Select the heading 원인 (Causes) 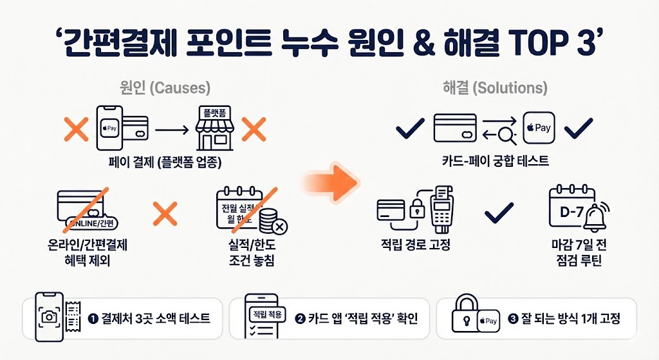pyautogui.click(x=165, y=88)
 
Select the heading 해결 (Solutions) pyautogui.click(x=495, y=88)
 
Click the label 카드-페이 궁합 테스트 pyautogui.click(x=495, y=160)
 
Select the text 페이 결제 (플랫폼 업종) pyautogui.click(x=165, y=163)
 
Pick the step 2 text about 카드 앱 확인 pyautogui.click(x=357, y=318)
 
